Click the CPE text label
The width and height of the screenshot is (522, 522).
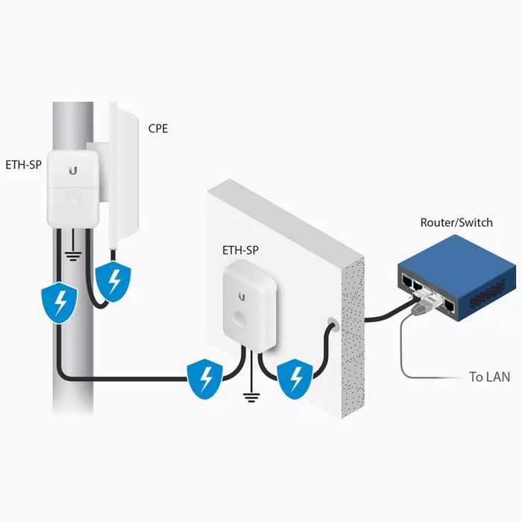(x=158, y=128)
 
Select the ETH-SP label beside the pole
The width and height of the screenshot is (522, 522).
(x=25, y=165)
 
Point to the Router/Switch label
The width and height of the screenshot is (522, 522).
(x=456, y=222)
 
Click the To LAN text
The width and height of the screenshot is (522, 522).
(x=489, y=377)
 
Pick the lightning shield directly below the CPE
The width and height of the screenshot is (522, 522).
(x=114, y=281)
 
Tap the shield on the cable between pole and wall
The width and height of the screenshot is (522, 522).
(x=204, y=377)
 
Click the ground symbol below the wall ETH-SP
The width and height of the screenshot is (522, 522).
(x=251, y=397)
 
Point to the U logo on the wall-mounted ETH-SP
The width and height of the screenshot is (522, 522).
(x=241, y=297)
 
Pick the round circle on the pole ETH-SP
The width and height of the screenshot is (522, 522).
(x=72, y=198)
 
